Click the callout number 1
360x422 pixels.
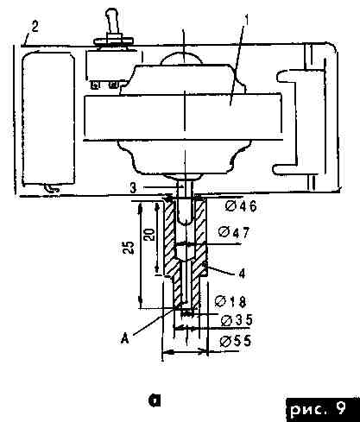click(x=247, y=21)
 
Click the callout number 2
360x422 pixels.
click(x=35, y=27)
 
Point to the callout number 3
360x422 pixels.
click(x=133, y=188)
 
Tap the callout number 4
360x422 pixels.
click(x=243, y=274)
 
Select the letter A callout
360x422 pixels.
click(x=125, y=338)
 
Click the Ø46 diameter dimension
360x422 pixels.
click(x=241, y=206)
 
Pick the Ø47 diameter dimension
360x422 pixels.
click(x=234, y=232)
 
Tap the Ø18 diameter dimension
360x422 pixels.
click(x=231, y=301)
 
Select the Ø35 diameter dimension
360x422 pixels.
click(x=237, y=320)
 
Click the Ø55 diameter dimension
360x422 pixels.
click(x=236, y=341)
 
